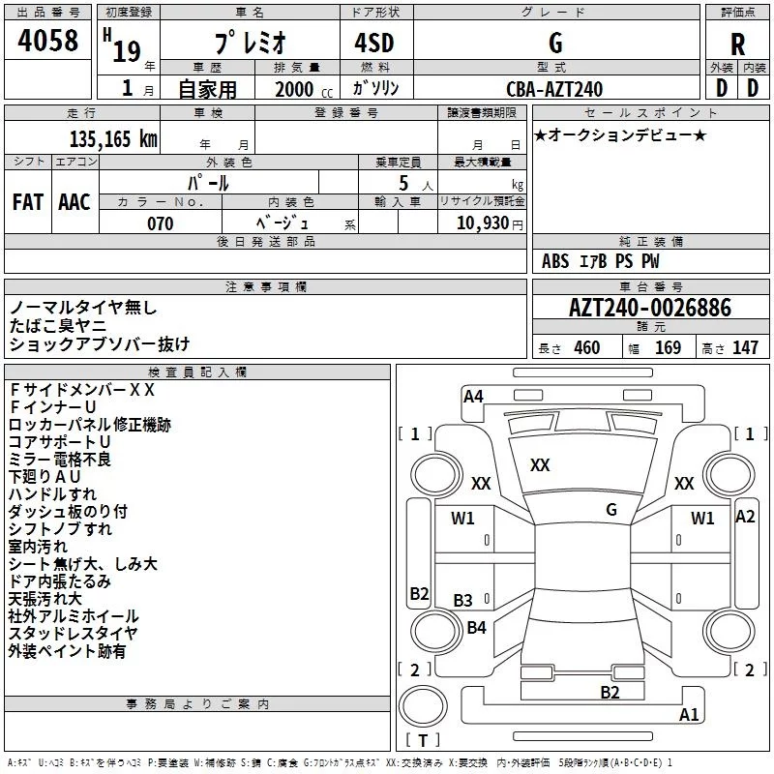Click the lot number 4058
(47, 40)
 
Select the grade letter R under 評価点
(737, 45)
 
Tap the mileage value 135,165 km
(113, 139)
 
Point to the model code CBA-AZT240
(554, 89)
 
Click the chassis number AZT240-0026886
(650, 308)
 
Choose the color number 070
(161, 223)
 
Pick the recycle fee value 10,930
(483, 223)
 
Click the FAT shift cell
(28, 202)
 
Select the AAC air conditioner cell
(74, 202)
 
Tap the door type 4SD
(374, 43)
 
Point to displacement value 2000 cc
(304, 89)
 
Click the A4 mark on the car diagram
(473, 397)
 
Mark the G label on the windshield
(611, 510)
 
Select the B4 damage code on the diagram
(476, 627)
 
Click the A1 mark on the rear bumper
(689, 714)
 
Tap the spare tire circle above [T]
(423, 706)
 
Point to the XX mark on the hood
(540, 465)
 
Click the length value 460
(587, 348)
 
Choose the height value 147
(745, 348)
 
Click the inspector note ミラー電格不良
(60, 460)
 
